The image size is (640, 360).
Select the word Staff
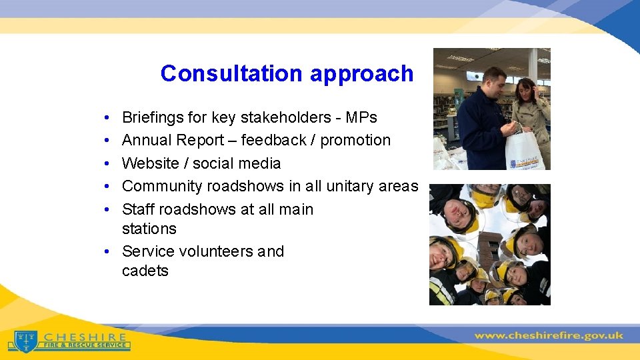click(138, 209)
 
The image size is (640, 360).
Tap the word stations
click(149, 229)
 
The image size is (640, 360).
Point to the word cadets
click(145, 271)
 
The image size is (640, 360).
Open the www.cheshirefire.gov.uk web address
click(548, 335)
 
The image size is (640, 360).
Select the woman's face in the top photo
click(523, 88)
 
